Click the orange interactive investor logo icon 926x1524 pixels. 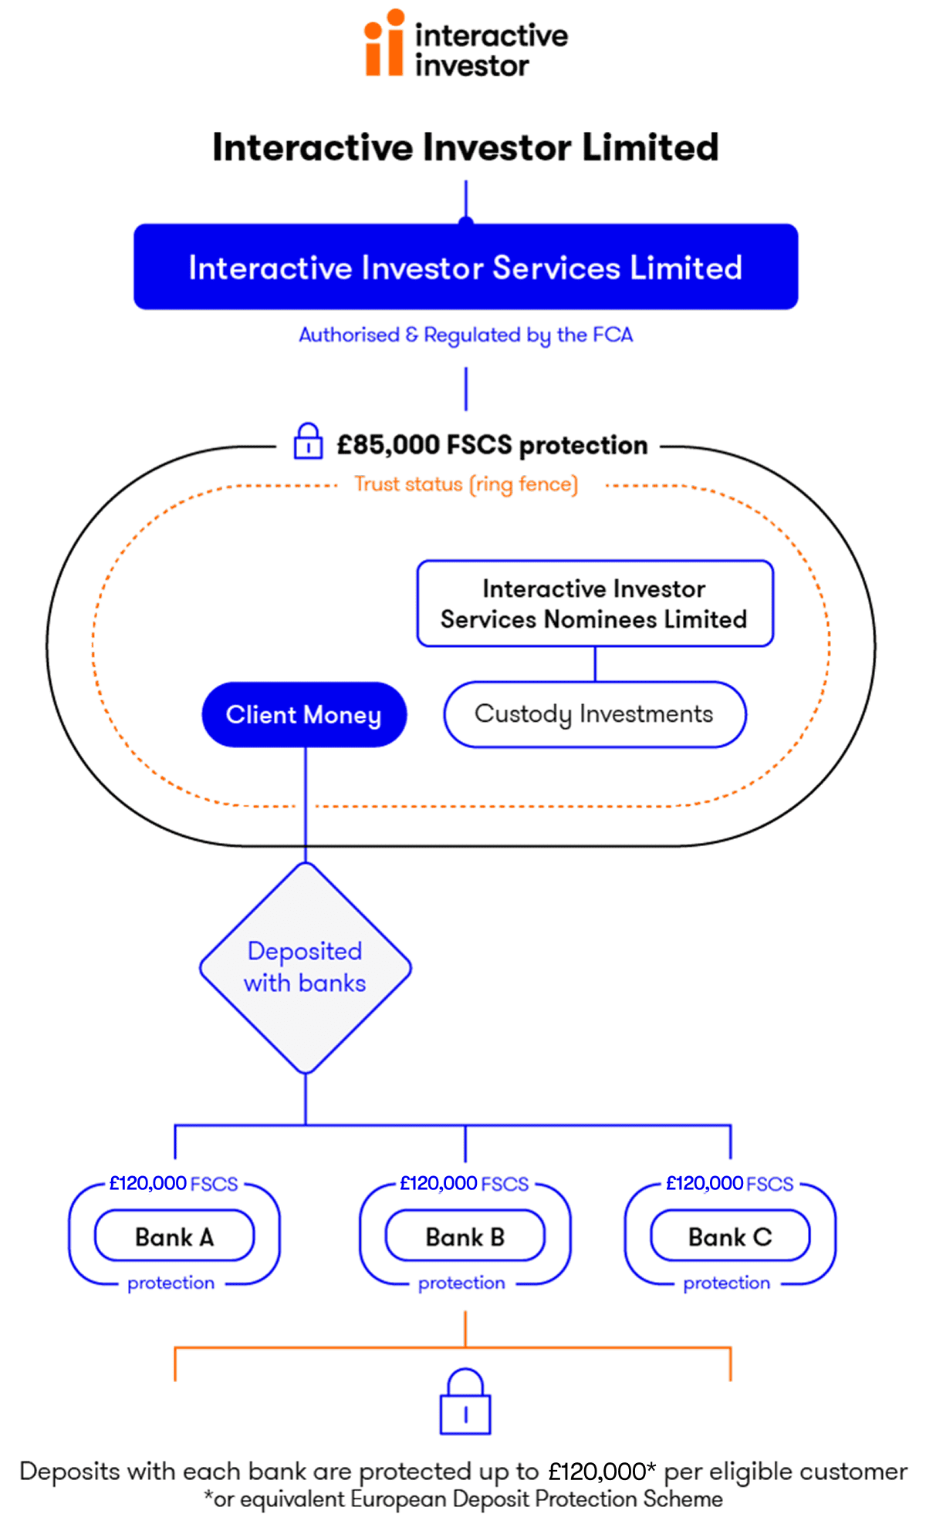(x=384, y=43)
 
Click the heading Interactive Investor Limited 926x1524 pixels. (x=465, y=147)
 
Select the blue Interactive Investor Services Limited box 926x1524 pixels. (x=465, y=267)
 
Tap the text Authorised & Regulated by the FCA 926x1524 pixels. (x=465, y=335)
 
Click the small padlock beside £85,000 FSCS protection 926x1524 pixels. (x=308, y=442)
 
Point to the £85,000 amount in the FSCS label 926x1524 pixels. (x=388, y=445)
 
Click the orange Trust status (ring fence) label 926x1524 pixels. (x=465, y=484)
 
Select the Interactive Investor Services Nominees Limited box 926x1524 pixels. (x=594, y=603)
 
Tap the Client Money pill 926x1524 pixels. (x=303, y=714)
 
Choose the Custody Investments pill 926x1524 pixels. (x=594, y=714)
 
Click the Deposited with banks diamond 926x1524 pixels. (x=305, y=967)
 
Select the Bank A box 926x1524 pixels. (x=174, y=1236)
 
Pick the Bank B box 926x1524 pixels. (x=465, y=1236)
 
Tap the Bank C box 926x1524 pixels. (x=730, y=1236)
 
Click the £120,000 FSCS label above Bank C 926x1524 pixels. (x=729, y=1183)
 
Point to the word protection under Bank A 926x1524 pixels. (x=171, y=1283)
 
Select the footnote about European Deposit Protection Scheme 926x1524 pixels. (x=464, y=1499)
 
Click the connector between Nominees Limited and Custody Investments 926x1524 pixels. (x=595, y=663)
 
